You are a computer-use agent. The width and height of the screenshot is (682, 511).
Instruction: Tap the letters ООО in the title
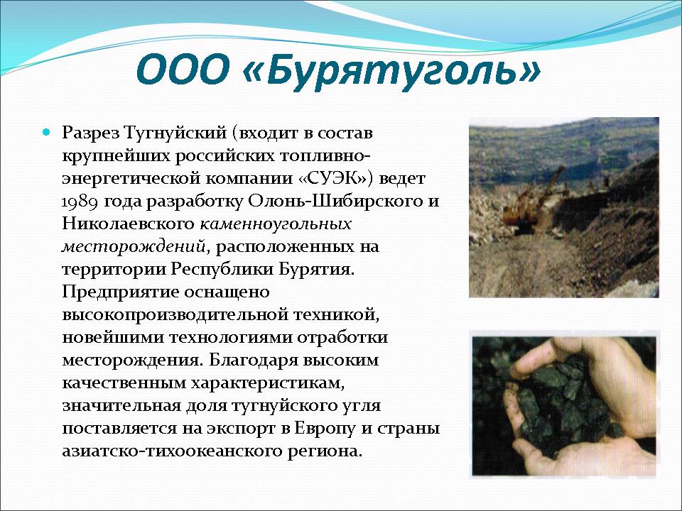pos(183,70)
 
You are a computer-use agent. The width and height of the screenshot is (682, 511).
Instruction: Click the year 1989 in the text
pos(82,202)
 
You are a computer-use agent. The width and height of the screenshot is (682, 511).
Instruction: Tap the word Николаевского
pos(128,224)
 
